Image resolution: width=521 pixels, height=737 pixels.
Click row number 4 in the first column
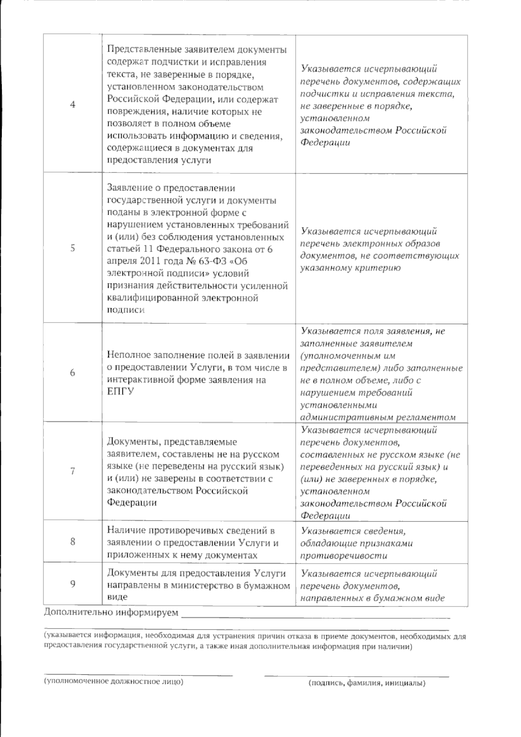pos(73,104)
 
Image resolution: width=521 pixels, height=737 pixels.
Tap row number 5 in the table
pos(73,248)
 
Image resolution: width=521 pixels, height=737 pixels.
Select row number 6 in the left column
pos(73,372)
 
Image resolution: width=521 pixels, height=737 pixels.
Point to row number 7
pos(73,471)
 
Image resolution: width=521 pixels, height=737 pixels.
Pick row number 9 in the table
pos(73,584)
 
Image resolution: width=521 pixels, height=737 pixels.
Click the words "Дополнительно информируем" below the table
pos(111,613)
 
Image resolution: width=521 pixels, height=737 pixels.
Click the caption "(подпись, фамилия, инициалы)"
pos(367,684)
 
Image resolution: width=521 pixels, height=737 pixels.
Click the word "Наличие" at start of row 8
pos(126,531)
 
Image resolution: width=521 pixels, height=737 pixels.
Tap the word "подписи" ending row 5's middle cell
pos(125,310)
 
